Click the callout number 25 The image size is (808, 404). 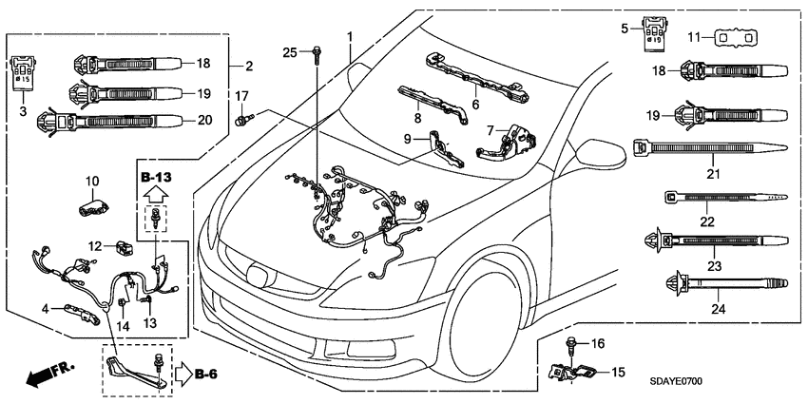coord(291,50)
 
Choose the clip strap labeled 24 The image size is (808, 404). coord(720,282)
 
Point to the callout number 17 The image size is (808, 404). coord(241,96)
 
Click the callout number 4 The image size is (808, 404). coord(45,307)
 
